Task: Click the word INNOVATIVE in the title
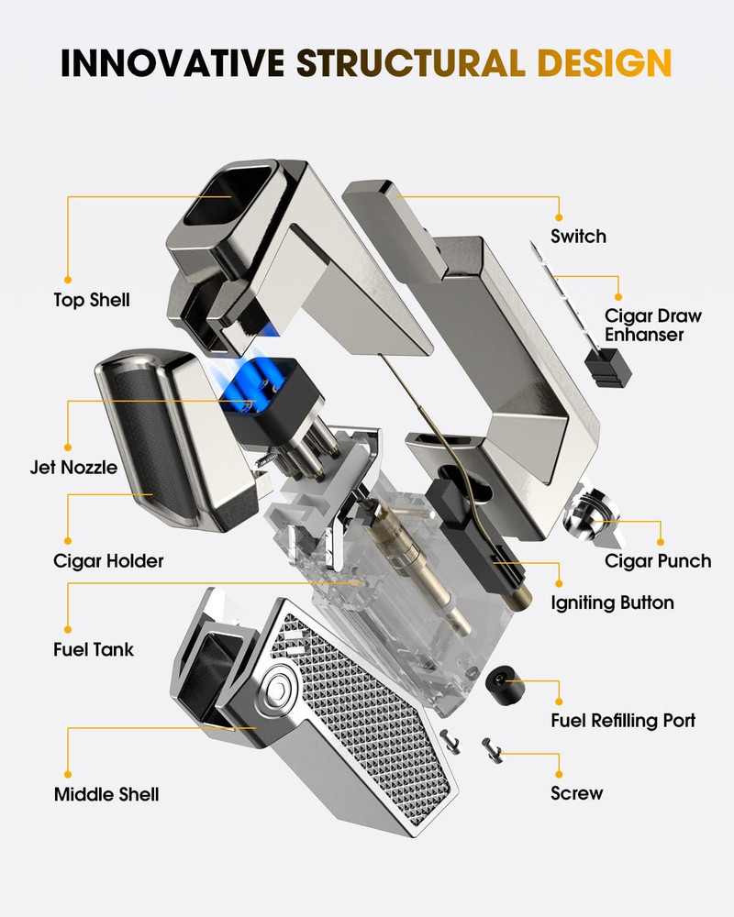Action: pos(172,62)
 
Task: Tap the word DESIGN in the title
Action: pos(604,62)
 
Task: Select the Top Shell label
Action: pos(92,300)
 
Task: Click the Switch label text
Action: pos(578,237)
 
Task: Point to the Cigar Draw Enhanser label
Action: pos(652,326)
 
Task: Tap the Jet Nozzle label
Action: pos(73,468)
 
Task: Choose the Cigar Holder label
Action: pos(108,561)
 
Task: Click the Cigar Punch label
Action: pos(658,561)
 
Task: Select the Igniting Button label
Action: pos(612,603)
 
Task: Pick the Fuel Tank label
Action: pos(94,650)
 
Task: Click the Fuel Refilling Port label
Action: pos(623,721)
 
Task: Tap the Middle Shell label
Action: pos(106,795)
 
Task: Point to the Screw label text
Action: pos(576,793)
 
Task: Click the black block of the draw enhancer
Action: pos(608,368)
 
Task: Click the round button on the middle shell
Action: pos(280,691)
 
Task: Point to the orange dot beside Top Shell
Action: pos(68,280)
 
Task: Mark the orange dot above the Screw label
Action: pos(559,774)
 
